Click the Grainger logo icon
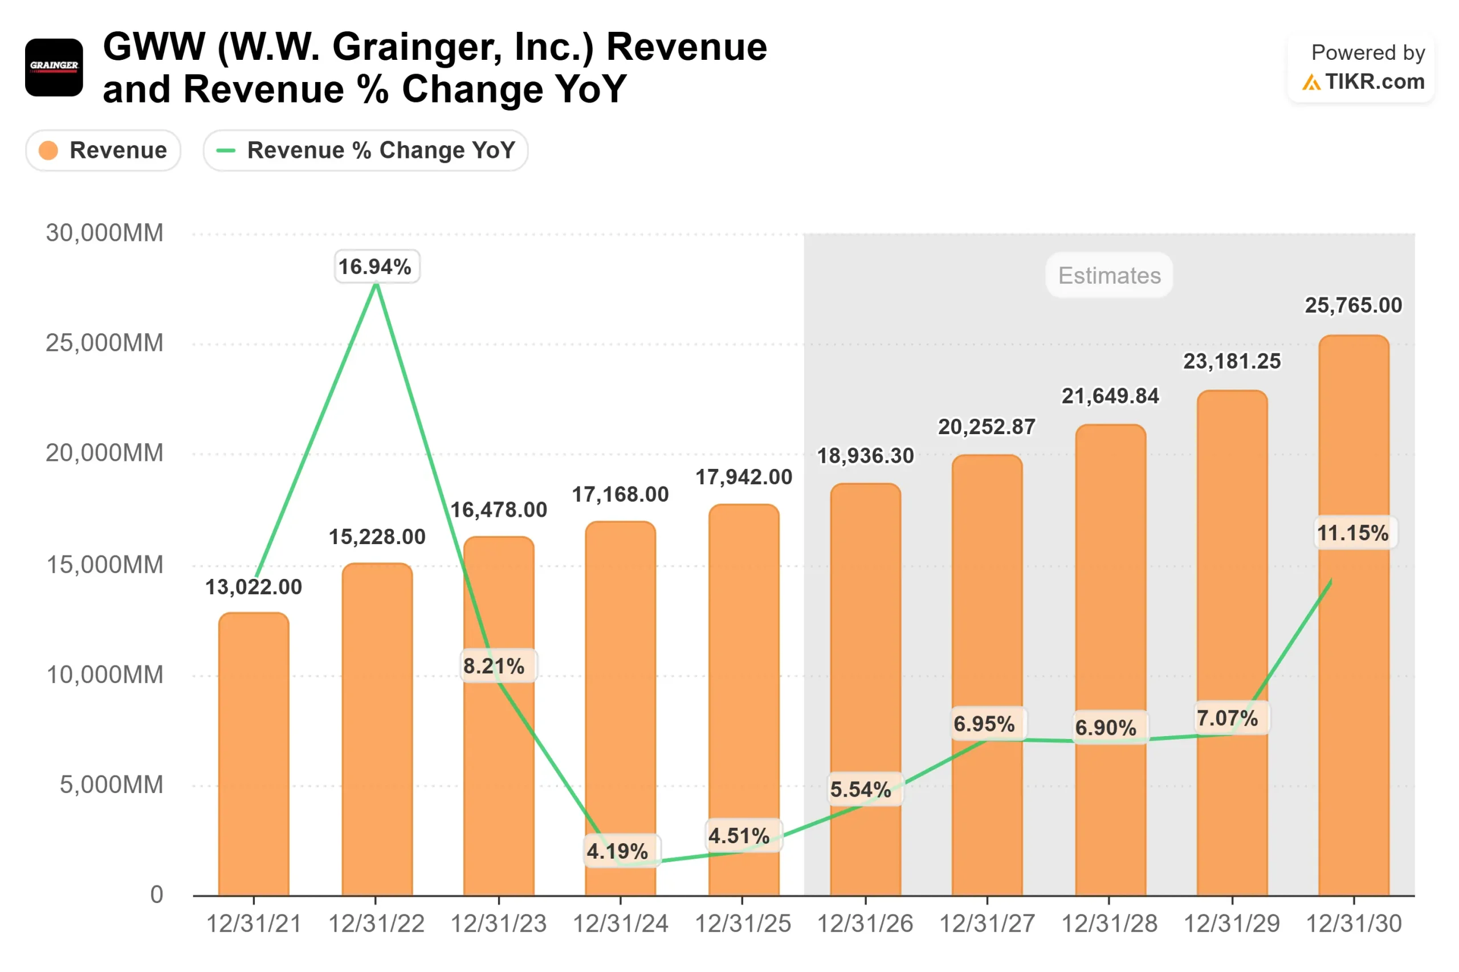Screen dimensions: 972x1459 (54, 67)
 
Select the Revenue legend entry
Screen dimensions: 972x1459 (103, 150)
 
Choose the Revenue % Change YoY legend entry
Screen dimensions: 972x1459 (365, 150)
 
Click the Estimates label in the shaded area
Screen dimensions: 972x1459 (1108, 275)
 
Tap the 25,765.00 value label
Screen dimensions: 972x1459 (1353, 305)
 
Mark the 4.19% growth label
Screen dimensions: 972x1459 (618, 851)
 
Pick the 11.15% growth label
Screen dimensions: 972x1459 (1352, 533)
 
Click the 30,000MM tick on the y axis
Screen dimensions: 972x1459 (104, 233)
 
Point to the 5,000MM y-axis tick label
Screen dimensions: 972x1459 (111, 784)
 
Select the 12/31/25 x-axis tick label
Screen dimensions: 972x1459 (742, 924)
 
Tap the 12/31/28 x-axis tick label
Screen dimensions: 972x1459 (1108, 924)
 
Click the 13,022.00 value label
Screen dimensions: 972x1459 (254, 586)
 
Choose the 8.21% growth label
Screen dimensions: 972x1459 (494, 666)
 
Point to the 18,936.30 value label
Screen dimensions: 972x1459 (865, 456)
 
